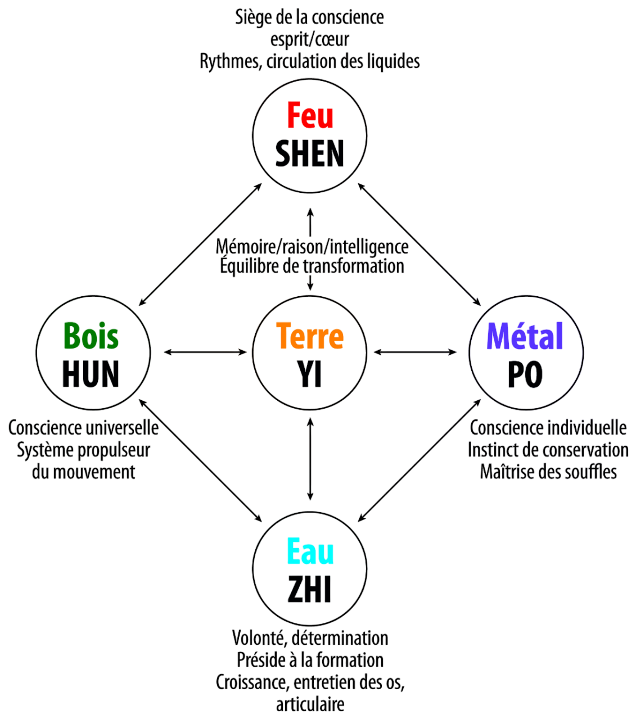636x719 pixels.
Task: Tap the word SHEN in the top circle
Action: (x=310, y=153)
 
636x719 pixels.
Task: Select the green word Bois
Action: (x=91, y=336)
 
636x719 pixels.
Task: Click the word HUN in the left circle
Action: (x=91, y=374)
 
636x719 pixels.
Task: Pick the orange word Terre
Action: (x=310, y=336)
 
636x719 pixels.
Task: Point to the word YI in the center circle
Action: (x=310, y=374)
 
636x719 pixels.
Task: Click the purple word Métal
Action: (x=525, y=336)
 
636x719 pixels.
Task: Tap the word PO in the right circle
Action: (x=525, y=374)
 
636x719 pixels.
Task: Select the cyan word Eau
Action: (x=310, y=551)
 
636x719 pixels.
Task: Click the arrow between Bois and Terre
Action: (x=205, y=352)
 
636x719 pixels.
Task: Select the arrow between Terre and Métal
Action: (x=415, y=352)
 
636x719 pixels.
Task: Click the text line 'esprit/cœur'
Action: (x=310, y=39)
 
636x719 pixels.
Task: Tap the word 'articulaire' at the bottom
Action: (x=310, y=704)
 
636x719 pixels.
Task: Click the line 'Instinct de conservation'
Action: (x=548, y=450)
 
